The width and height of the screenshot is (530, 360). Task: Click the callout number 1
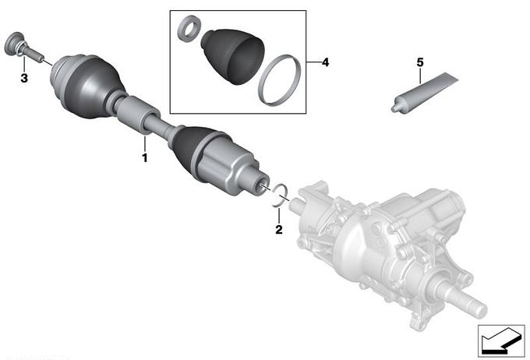(x=145, y=158)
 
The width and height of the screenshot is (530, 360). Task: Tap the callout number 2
(x=279, y=230)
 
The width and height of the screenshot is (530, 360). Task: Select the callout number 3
(x=24, y=78)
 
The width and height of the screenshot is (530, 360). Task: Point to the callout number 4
(x=325, y=62)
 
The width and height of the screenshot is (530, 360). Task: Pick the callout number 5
(x=420, y=62)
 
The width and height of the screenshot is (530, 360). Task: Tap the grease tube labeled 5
(x=425, y=92)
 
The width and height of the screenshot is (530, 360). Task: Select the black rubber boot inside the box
(x=233, y=56)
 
